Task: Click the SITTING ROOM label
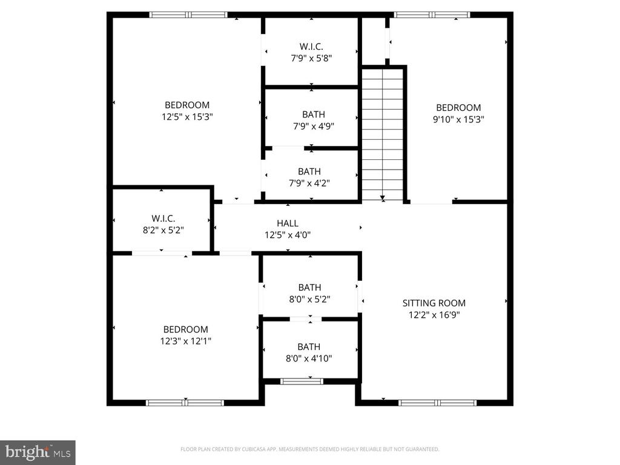pyautogui.click(x=434, y=303)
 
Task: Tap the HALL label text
pyautogui.click(x=288, y=223)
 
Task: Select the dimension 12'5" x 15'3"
pyautogui.click(x=187, y=117)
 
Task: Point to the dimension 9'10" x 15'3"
pyautogui.click(x=458, y=119)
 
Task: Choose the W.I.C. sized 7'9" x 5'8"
pyautogui.click(x=311, y=52)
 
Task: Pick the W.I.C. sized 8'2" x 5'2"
pyautogui.click(x=163, y=224)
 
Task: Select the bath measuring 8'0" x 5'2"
pyautogui.click(x=309, y=293)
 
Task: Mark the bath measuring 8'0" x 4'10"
pyautogui.click(x=309, y=352)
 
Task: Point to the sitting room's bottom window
pyautogui.click(x=438, y=402)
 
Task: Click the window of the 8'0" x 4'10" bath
pyautogui.click(x=302, y=381)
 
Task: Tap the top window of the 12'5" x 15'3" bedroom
pyautogui.click(x=188, y=15)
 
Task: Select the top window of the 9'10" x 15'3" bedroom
pyautogui.click(x=432, y=15)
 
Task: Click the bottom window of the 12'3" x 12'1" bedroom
pyautogui.click(x=185, y=402)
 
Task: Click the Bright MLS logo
pyautogui.click(x=37, y=452)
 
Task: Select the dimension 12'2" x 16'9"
pyautogui.click(x=434, y=315)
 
